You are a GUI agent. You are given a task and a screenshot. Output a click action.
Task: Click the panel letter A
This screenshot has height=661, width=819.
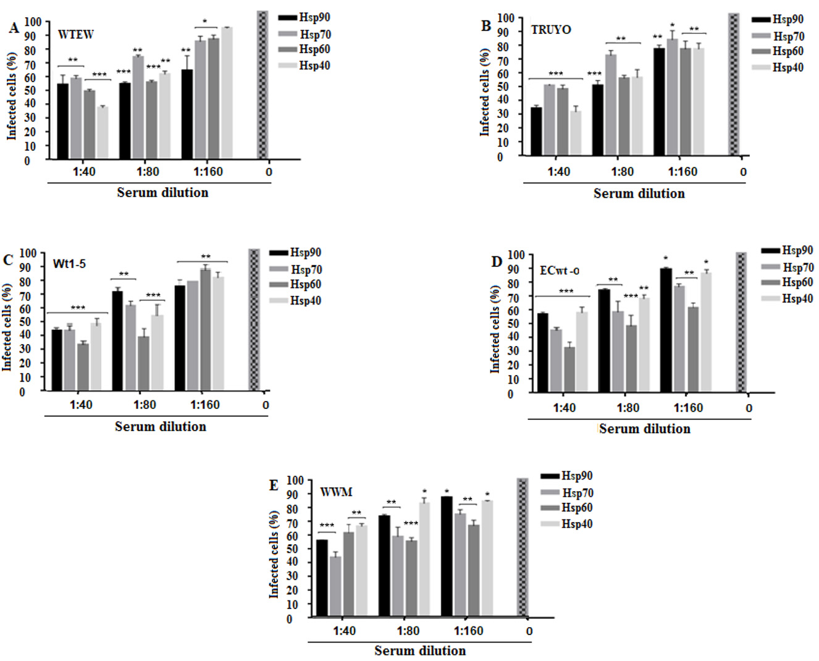[14, 28]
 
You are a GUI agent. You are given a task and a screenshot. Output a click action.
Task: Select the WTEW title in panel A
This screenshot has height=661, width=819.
[75, 35]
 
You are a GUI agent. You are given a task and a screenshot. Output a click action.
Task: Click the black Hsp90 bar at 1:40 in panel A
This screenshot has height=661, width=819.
[63, 121]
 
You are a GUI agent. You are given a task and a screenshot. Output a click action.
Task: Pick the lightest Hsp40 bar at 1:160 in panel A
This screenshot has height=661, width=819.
[227, 93]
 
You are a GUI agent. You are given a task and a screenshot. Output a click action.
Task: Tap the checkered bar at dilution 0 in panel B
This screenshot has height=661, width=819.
[734, 85]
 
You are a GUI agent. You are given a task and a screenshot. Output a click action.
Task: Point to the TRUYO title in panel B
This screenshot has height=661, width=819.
[551, 30]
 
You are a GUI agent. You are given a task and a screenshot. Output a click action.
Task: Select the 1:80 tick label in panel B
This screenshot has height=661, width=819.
[623, 172]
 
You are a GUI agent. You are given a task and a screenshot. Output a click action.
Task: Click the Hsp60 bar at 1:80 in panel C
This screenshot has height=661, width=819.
[143, 363]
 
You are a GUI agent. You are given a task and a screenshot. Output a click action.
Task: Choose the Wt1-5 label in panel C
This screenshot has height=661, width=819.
[69, 264]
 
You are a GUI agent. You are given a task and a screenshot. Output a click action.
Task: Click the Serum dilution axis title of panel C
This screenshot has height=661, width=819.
[161, 426]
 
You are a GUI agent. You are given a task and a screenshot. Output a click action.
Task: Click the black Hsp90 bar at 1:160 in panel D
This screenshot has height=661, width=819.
[666, 330]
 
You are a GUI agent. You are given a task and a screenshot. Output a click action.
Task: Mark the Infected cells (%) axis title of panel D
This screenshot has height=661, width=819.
[495, 329]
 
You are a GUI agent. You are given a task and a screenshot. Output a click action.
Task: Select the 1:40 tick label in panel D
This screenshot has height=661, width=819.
[564, 408]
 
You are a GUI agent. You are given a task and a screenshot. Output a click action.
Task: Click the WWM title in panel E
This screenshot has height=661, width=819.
[336, 492]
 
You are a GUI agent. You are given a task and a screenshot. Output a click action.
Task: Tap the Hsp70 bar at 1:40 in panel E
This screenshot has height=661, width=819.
[335, 586]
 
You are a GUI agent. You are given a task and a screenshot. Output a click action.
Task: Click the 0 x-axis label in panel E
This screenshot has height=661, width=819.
[529, 631]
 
